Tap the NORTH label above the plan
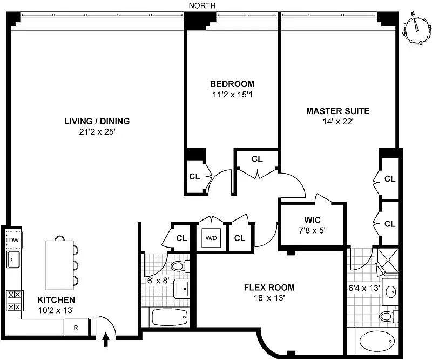pos(202,5)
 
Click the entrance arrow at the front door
pos(106,339)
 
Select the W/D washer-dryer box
pos(211,238)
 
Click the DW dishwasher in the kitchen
pos(14,239)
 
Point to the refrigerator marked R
pos(76,328)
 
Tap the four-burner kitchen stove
pos(15,301)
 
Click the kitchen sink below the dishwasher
pos(13,259)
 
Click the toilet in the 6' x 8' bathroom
pos(180,266)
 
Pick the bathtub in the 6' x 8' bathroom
pos(170,317)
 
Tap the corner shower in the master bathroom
pos(387,261)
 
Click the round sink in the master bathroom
pos(390,292)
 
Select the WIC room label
pos(313,220)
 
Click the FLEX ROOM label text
pos(269,288)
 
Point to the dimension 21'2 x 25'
pos(97,132)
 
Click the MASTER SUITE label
pos(338,111)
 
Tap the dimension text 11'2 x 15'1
pos(232,95)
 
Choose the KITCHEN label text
pos(56,300)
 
